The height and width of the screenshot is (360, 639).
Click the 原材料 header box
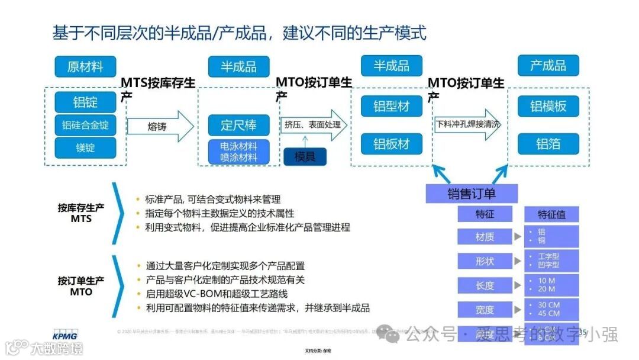point(85,66)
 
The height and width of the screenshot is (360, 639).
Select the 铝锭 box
point(85,102)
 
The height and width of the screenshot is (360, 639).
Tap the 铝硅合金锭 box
point(85,125)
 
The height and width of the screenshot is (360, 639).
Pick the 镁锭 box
point(85,147)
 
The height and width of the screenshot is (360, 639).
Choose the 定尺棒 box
point(238,126)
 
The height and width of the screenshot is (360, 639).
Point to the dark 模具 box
point(305,156)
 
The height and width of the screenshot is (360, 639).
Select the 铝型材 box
point(391,107)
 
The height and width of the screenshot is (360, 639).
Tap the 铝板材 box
point(391,144)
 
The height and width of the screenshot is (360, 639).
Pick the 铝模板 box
point(548,107)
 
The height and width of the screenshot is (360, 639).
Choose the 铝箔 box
point(548,144)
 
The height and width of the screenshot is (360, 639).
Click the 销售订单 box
point(472,194)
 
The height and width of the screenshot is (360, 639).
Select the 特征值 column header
point(551,214)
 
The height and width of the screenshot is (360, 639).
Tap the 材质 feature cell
point(485,237)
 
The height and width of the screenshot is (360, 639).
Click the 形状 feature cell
point(485,261)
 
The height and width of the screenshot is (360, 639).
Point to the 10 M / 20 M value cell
point(551,285)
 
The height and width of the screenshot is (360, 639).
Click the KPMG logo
point(64,335)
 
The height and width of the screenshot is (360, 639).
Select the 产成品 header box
point(548,66)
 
